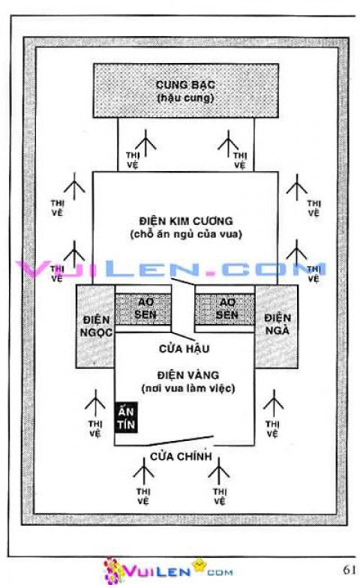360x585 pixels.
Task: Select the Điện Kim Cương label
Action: pos(187,221)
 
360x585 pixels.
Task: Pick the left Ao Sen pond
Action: pos(143,307)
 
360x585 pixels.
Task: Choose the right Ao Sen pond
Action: pos(225,307)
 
